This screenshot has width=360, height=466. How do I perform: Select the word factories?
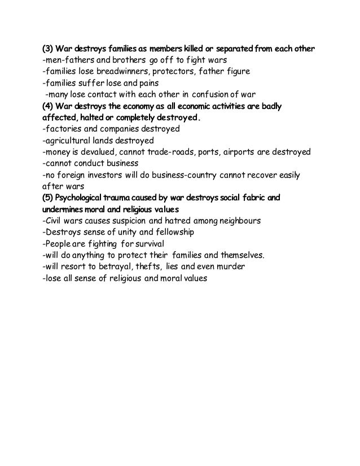(63, 129)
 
